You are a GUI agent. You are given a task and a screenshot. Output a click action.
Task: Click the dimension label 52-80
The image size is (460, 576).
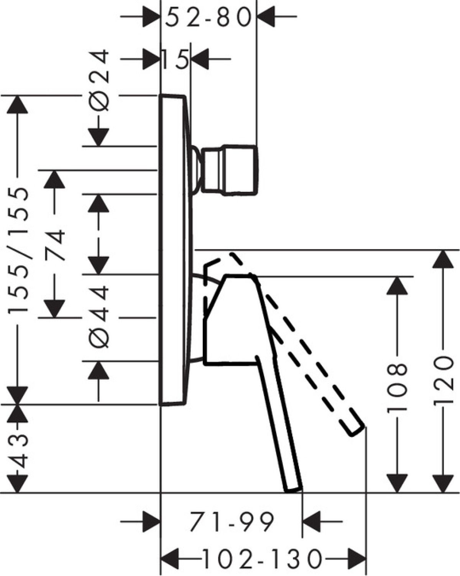(x=208, y=17)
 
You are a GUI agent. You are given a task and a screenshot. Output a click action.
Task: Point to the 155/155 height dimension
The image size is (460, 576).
(x=18, y=252)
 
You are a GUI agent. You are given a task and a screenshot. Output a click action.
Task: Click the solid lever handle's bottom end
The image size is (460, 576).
(x=293, y=490)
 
